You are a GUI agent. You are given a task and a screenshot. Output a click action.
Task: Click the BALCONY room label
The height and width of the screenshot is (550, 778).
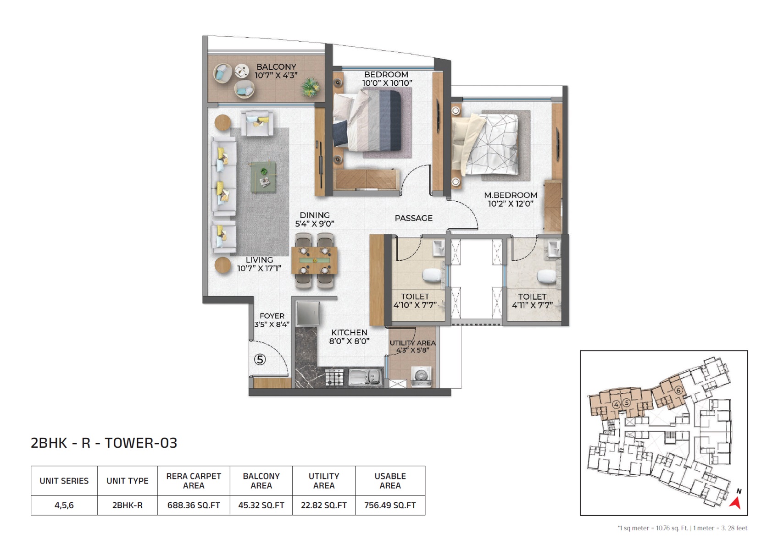coord(276,67)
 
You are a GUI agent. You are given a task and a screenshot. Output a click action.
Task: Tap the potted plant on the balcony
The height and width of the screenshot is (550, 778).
coord(311,87)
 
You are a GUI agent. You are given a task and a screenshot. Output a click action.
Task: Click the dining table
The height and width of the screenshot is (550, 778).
coord(314,261)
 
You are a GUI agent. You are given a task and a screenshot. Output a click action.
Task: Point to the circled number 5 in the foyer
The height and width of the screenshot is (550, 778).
coord(260,360)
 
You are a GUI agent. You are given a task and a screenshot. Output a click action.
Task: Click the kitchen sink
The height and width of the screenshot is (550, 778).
coord(365,377)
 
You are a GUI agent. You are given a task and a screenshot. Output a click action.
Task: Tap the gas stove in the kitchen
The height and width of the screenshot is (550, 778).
coord(334,378)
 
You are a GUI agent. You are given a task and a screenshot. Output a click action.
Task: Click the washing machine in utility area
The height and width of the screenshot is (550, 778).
coord(421,376)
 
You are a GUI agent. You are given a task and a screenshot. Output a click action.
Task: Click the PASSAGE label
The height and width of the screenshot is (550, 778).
coord(414,218)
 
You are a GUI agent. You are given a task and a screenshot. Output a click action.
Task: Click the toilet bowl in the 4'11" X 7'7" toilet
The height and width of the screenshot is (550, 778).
coord(547,277)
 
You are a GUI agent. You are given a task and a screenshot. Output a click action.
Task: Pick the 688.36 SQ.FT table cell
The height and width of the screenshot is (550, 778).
coord(194,505)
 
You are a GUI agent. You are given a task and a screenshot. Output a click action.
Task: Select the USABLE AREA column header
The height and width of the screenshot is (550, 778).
coord(390,481)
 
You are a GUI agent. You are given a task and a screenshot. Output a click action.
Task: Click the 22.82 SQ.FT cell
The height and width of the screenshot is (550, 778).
coord(324,505)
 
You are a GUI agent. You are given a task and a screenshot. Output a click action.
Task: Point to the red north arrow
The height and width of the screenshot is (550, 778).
coord(736,502)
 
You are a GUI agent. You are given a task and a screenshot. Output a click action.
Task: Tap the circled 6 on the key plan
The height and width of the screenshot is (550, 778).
coord(678,390)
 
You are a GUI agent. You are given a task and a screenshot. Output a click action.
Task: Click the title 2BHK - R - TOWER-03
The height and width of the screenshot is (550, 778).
coord(104,443)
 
